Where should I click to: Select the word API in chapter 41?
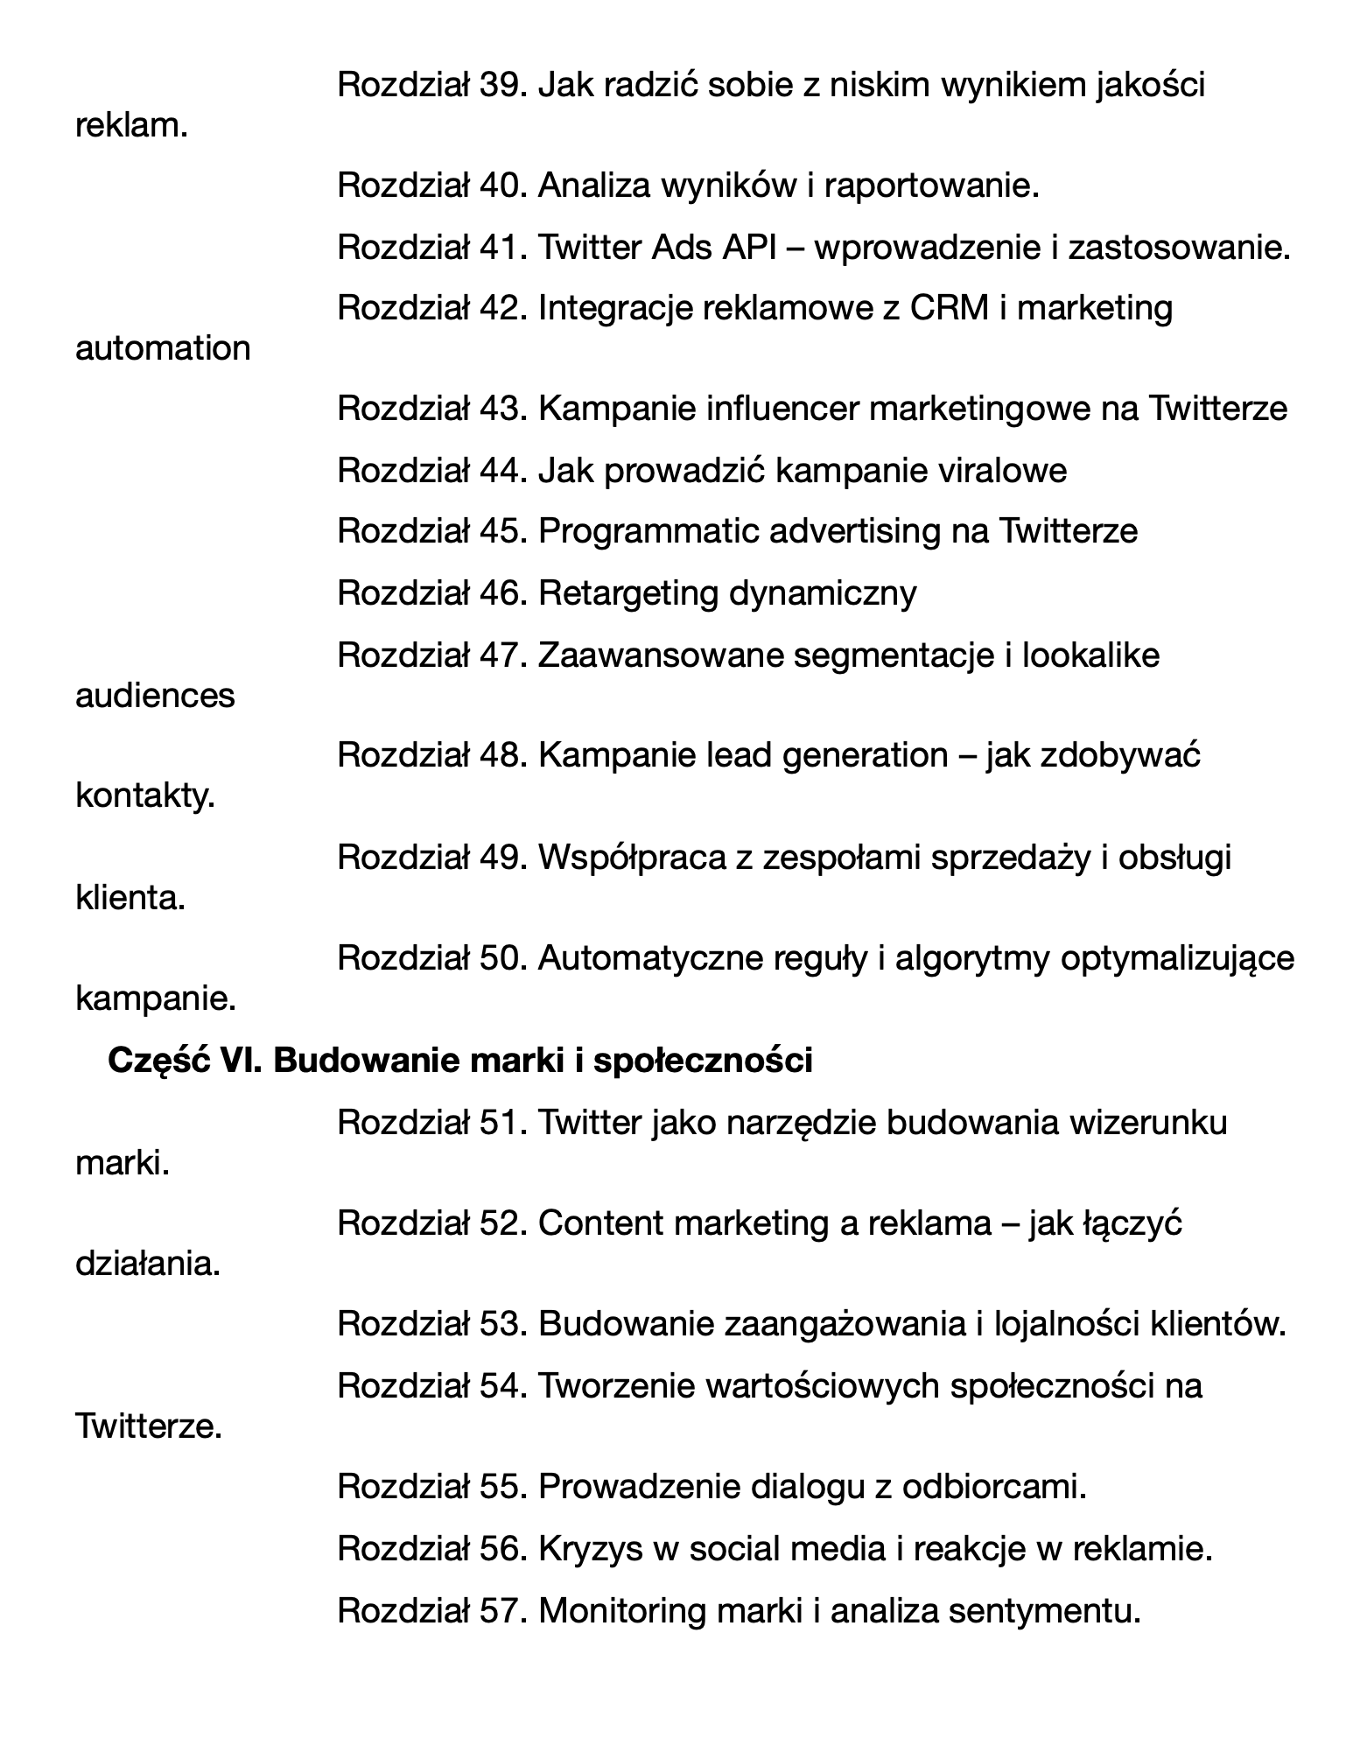[749, 248]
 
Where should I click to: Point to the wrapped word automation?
[163, 349]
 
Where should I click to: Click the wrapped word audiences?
[155, 696]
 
